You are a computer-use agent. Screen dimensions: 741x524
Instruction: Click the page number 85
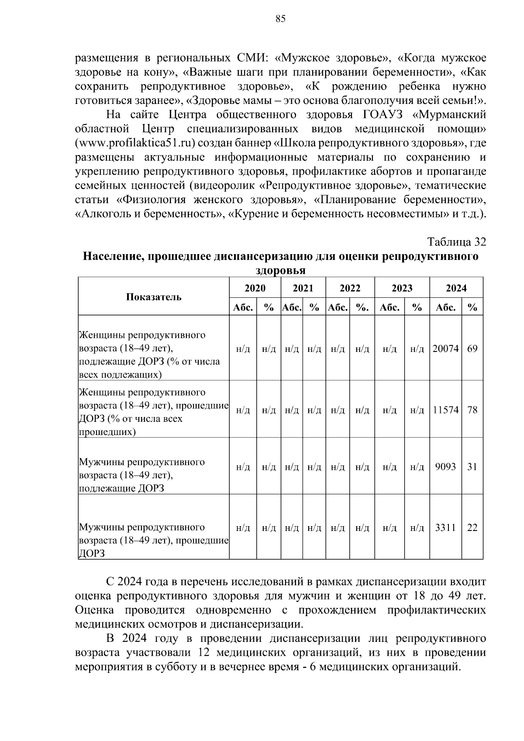pos(280,18)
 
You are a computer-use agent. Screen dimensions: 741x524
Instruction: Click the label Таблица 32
pos(456,242)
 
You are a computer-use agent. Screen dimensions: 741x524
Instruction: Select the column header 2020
pos(255,288)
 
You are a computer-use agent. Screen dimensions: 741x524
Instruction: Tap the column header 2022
pos(350,288)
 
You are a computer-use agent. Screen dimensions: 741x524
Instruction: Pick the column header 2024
pos(456,288)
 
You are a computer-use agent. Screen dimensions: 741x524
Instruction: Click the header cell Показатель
pos(154,297)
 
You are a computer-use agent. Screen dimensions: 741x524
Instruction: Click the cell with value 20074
pos(445,348)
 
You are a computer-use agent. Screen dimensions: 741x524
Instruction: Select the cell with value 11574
pos(445,410)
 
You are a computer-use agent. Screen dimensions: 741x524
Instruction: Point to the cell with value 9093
pos(445,466)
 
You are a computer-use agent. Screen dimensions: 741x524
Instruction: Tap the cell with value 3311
pos(445,527)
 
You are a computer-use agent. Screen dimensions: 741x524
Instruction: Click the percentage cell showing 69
pos(472,348)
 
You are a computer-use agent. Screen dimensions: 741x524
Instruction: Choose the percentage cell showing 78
pos(472,410)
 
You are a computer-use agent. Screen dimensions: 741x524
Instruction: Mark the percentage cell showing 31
pos(472,466)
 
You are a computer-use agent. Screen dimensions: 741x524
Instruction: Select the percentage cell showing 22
pos(472,527)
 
